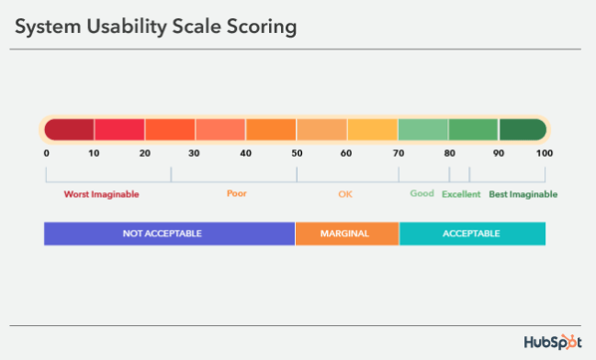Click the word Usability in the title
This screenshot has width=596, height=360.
coord(127,27)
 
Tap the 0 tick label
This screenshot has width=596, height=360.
coord(47,154)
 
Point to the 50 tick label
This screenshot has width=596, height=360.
coord(297,154)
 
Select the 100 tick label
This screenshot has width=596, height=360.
coord(544,154)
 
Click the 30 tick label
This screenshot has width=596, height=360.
coord(194,154)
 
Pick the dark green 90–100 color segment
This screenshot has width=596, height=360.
coord(523,130)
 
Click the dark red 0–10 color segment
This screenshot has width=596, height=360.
coord(69,130)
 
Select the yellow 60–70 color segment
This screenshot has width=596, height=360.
coord(373,130)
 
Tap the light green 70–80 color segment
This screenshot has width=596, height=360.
coord(423,130)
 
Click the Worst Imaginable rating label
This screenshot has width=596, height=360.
coord(102,194)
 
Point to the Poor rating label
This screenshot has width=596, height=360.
coord(237,193)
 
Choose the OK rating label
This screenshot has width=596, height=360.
coord(345,194)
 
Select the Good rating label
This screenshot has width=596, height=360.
coord(422,193)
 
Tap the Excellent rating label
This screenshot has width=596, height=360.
coord(461,194)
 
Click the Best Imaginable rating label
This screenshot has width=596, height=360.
coord(523,194)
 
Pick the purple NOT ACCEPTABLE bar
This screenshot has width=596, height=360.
coord(169,233)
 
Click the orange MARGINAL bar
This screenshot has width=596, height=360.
coord(347,233)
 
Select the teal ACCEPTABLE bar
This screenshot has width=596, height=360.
coord(472,233)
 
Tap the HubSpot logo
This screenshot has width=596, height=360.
coord(553,342)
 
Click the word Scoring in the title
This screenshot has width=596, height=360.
coord(262,27)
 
